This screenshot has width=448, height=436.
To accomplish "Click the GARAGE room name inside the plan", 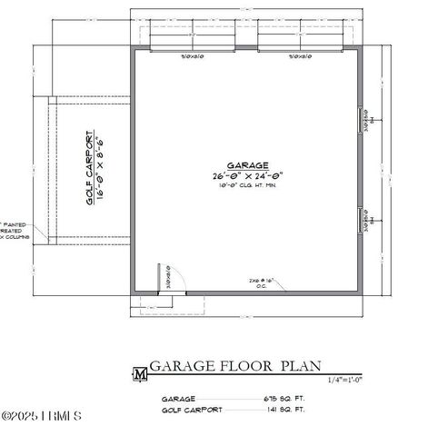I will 247,165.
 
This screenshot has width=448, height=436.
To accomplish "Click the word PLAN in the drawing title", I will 301,366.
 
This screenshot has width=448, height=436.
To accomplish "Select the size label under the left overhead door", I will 192,57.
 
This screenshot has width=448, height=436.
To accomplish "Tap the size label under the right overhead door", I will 300,57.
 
